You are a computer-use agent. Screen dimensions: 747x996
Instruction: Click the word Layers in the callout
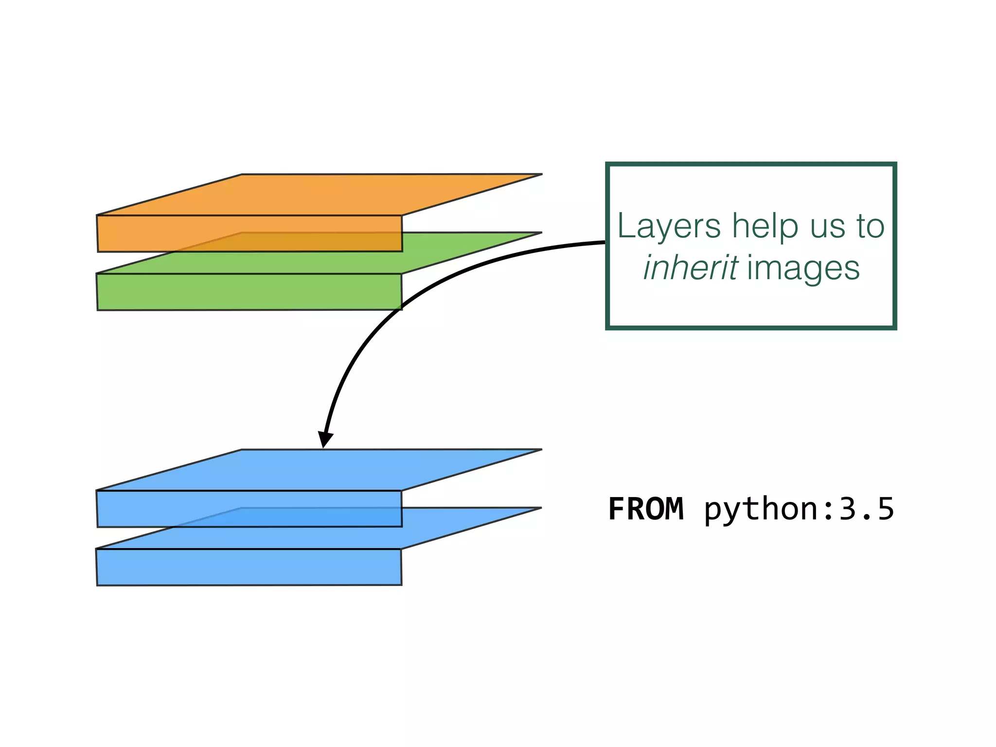click(669, 227)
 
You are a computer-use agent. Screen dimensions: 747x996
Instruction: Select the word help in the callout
click(765, 227)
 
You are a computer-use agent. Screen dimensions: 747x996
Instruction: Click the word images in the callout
click(803, 268)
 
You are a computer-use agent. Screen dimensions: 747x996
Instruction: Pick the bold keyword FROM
click(646, 509)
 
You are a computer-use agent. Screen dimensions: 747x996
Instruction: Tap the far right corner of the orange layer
click(541, 174)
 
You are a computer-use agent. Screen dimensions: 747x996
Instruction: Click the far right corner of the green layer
click(541, 233)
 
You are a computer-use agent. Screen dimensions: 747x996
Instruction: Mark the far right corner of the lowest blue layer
click(541, 508)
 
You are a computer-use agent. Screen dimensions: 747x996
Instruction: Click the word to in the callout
click(870, 227)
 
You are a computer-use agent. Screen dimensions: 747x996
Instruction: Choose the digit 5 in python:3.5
click(885, 509)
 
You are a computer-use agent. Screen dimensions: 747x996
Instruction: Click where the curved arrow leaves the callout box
click(606, 242)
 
